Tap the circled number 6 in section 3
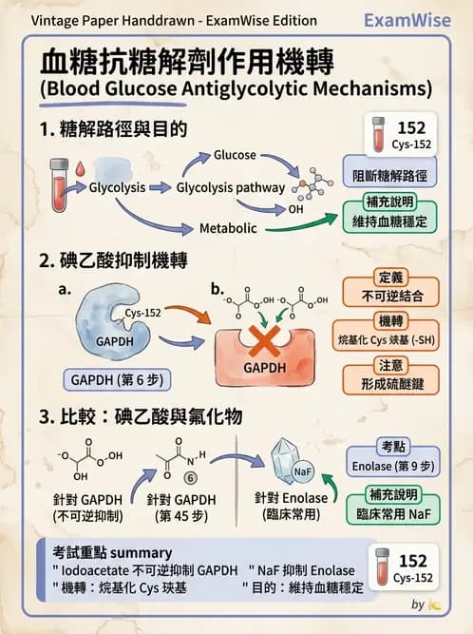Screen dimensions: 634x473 (189, 478)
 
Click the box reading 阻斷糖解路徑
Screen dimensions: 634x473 (389, 175)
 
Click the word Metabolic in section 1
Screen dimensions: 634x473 (229, 228)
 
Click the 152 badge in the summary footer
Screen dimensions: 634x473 (406, 567)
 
